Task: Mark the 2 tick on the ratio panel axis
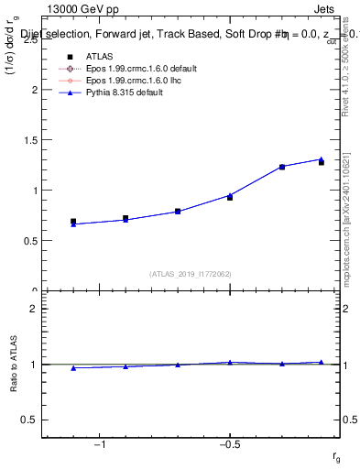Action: [x=33, y=309]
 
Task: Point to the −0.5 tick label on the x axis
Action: [x=229, y=445]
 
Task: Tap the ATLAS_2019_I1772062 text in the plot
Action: [x=191, y=273]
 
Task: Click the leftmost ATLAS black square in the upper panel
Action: [x=73, y=222]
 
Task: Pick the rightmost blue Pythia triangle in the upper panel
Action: [x=321, y=159]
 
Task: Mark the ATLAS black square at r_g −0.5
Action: [x=230, y=198]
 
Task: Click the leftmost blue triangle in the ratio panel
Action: [x=73, y=367]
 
